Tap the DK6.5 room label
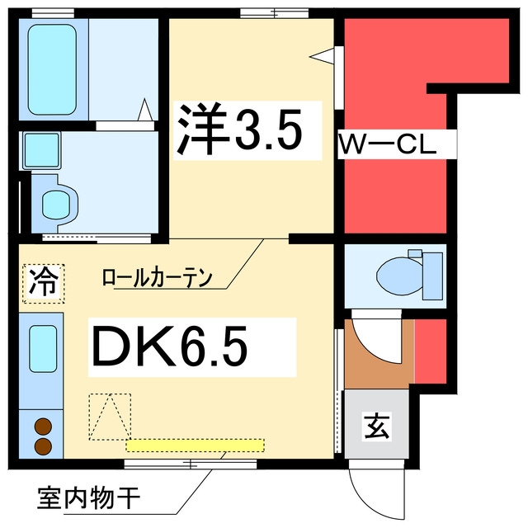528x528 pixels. (170, 347)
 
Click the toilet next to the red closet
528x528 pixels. (408, 275)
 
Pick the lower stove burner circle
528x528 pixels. (43, 446)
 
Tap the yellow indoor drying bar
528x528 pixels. (196, 445)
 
